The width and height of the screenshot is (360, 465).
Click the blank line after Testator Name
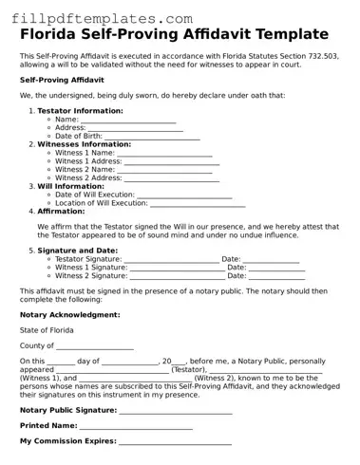pyautogui.click(x=128, y=119)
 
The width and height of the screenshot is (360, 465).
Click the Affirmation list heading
pyautogui.click(x=61, y=211)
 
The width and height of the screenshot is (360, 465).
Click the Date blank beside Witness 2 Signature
pyautogui.click(x=275, y=275)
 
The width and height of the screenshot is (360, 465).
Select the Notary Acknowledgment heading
pyautogui.click(x=69, y=314)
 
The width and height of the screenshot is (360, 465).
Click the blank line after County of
pyautogui.click(x=94, y=345)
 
